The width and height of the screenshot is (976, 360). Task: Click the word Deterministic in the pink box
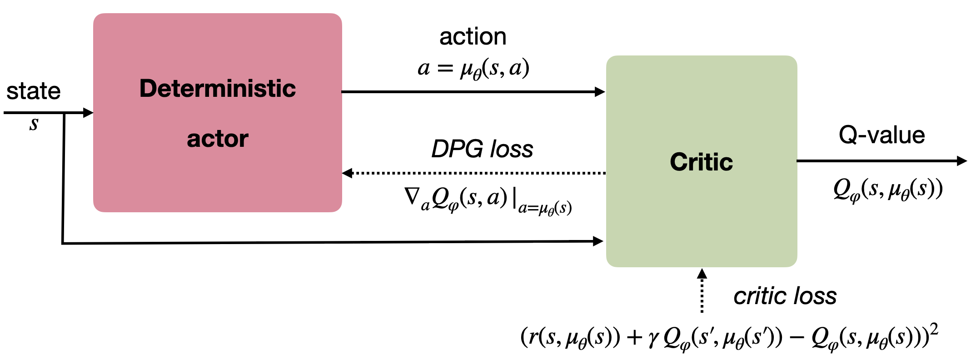point(217,88)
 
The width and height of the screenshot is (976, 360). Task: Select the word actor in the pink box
point(217,139)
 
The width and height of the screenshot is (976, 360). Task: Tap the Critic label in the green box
point(701,162)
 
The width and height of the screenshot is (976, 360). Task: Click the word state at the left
point(33,91)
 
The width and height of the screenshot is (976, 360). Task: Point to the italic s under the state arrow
point(34,124)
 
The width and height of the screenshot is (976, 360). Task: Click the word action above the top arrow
point(473,36)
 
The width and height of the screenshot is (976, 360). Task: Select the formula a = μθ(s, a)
point(473,69)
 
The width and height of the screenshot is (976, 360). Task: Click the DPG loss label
point(482,149)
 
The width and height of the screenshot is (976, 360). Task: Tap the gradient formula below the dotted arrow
point(487,200)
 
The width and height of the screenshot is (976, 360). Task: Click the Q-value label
point(881,135)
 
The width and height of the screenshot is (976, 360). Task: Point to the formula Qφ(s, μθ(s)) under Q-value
point(887,190)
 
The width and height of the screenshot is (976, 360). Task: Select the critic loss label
point(785,296)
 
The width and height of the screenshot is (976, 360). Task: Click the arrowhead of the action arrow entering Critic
point(600,92)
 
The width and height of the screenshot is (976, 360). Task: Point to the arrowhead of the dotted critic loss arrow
point(702,274)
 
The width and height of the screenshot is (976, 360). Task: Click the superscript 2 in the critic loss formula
point(934,330)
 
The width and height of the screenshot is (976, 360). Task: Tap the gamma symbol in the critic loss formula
point(653,339)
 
